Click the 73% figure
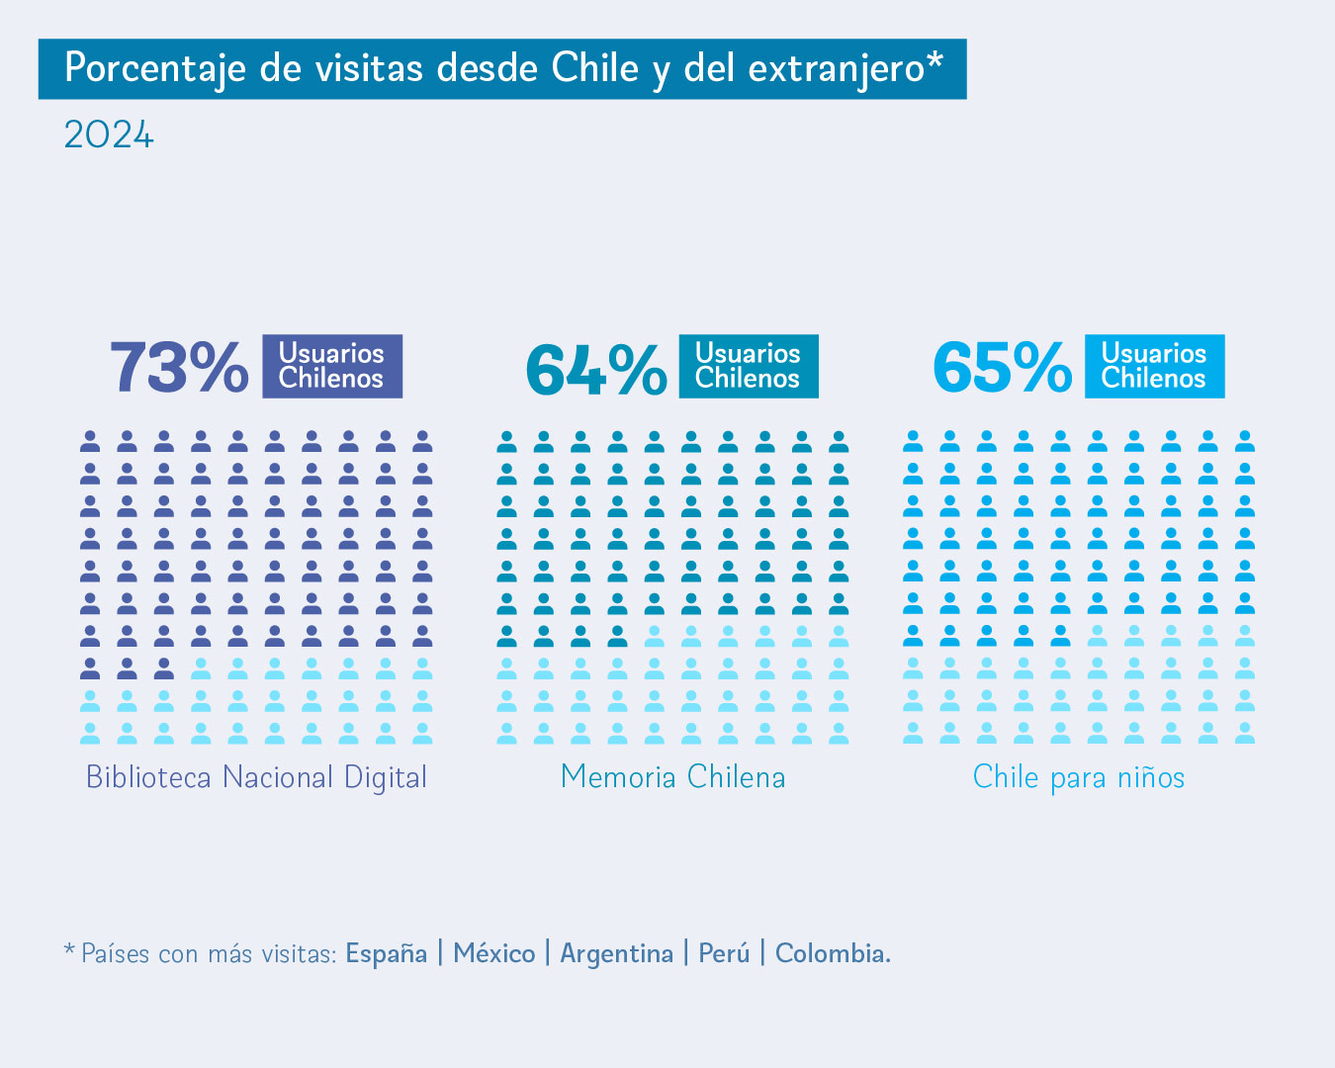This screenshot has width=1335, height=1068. tap(179, 368)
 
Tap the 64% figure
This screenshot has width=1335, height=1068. tap(595, 370)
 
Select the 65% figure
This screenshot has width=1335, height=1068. tap(1002, 368)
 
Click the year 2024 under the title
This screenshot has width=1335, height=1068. tap(109, 135)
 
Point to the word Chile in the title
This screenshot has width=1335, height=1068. tap(595, 68)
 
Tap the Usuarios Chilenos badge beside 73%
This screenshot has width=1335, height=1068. tap(332, 366)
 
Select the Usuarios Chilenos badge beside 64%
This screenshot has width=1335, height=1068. tap(749, 366)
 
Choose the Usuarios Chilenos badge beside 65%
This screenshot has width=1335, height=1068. tap(1155, 366)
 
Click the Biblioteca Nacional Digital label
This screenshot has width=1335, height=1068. tap(256, 777)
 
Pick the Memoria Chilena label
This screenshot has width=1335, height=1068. tap(672, 777)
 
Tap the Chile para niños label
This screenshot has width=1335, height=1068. tap(1079, 777)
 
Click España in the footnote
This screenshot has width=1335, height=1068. tap(387, 953)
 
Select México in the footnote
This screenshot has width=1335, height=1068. tap(494, 953)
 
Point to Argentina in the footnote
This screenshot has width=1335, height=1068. tap(617, 953)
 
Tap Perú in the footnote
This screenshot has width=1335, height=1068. tap(724, 953)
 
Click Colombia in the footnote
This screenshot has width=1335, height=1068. tap(833, 953)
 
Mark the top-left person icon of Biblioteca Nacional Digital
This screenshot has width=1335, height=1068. tap(90, 441)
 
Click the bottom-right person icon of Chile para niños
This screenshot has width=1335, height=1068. tap(1245, 733)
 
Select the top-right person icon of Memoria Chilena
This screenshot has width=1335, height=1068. tap(839, 441)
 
